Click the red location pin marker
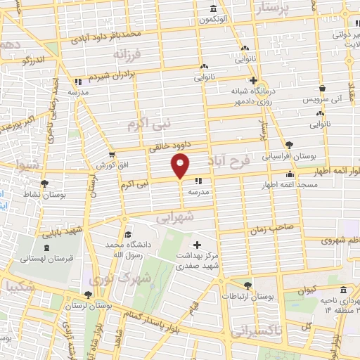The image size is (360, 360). (x=181, y=167)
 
